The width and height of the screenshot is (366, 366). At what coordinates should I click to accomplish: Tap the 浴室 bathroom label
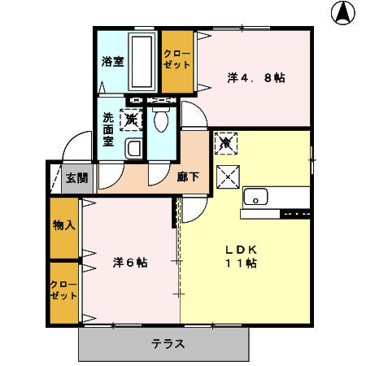[112, 61]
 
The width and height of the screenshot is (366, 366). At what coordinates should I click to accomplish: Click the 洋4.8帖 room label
[255, 79]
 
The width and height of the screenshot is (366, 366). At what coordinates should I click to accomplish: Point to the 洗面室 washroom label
[108, 129]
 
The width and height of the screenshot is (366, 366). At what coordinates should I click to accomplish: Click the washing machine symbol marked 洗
[130, 120]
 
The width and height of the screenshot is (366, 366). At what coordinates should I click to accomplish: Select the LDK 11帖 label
[241, 255]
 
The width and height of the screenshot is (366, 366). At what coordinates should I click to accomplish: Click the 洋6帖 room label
[130, 263]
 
